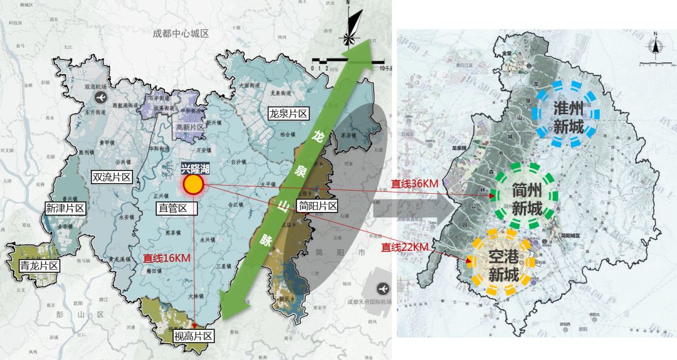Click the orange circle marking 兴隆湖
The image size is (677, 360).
pos(192,184)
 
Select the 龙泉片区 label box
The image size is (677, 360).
pos(288,114)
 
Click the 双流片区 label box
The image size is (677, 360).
pos(111,177)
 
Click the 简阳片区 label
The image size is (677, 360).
pos(318,205)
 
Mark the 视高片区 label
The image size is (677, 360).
pos(193,336)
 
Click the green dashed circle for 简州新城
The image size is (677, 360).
pos(525,195)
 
